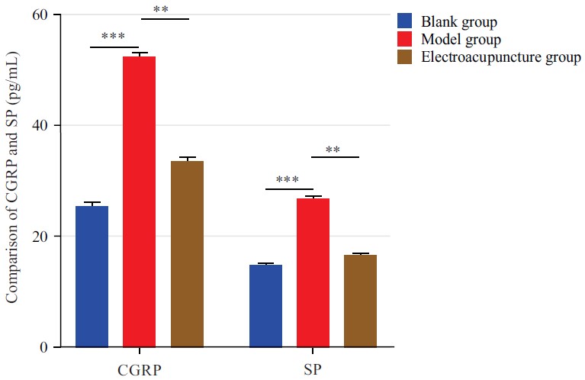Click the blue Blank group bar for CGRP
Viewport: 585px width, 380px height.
[x=92, y=276]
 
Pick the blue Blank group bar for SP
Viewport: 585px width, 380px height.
[x=266, y=305]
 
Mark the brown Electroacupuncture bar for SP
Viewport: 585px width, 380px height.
[x=360, y=301]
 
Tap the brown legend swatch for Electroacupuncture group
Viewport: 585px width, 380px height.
[x=407, y=58]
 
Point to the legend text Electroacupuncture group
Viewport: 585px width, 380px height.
[x=501, y=58]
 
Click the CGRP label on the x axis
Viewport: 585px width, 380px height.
[x=139, y=371]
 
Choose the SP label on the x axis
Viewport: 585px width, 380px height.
[x=312, y=371]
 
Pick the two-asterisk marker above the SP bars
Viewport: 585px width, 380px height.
[x=333, y=150]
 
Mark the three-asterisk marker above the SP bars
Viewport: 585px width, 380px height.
[x=287, y=182]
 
